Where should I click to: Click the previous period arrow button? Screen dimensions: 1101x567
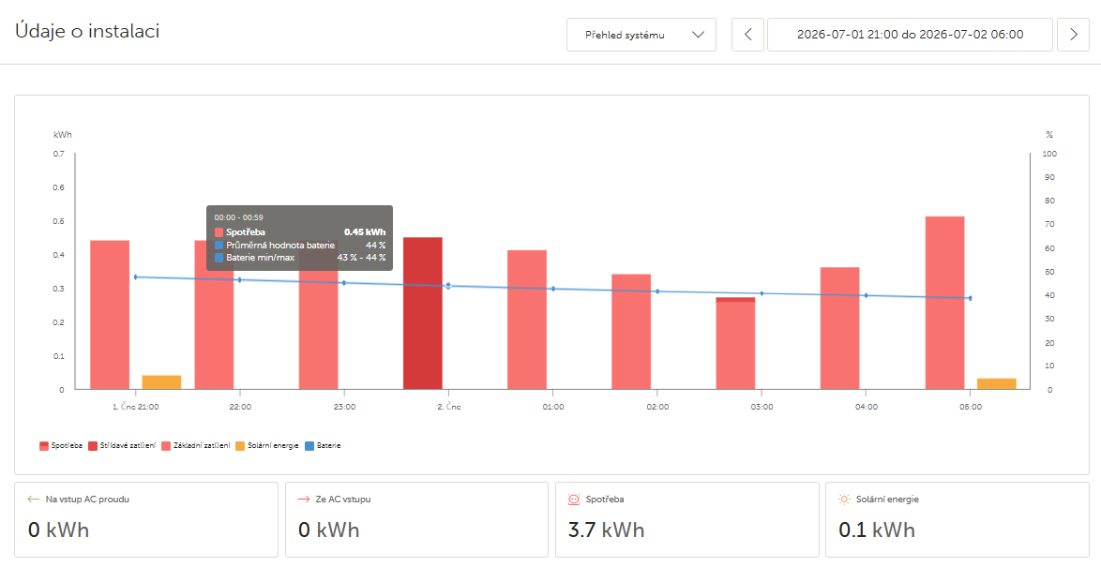click(x=747, y=35)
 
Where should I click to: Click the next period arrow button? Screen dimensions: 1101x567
click(x=1073, y=35)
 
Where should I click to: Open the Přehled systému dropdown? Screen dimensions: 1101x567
click(x=641, y=35)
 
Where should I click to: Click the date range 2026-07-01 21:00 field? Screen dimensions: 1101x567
click(x=910, y=35)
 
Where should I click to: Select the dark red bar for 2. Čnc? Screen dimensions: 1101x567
click(x=423, y=313)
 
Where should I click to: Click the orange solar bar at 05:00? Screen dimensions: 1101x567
click(x=996, y=384)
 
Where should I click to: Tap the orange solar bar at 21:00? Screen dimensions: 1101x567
click(x=161, y=382)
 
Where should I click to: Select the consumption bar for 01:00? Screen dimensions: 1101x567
click(x=527, y=320)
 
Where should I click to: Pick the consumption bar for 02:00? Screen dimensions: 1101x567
click(x=631, y=332)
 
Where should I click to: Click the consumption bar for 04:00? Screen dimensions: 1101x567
click(x=839, y=328)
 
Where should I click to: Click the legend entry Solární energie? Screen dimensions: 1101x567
click(x=267, y=445)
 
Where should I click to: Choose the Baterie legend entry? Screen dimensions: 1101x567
click(x=323, y=445)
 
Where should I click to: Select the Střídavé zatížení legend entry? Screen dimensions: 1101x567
click(x=122, y=445)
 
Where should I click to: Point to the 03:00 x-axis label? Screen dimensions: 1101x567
click(x=762, y=407)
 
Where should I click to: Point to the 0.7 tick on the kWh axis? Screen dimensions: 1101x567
click(x=59, y=154)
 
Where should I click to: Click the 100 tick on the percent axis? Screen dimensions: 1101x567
click(x=1050, y=154)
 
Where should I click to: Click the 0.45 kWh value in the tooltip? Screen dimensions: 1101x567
click(x=365, y=232)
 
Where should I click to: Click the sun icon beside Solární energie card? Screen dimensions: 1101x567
click(x=844, y=500)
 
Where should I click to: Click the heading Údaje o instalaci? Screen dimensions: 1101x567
click(x=87, y=32)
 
